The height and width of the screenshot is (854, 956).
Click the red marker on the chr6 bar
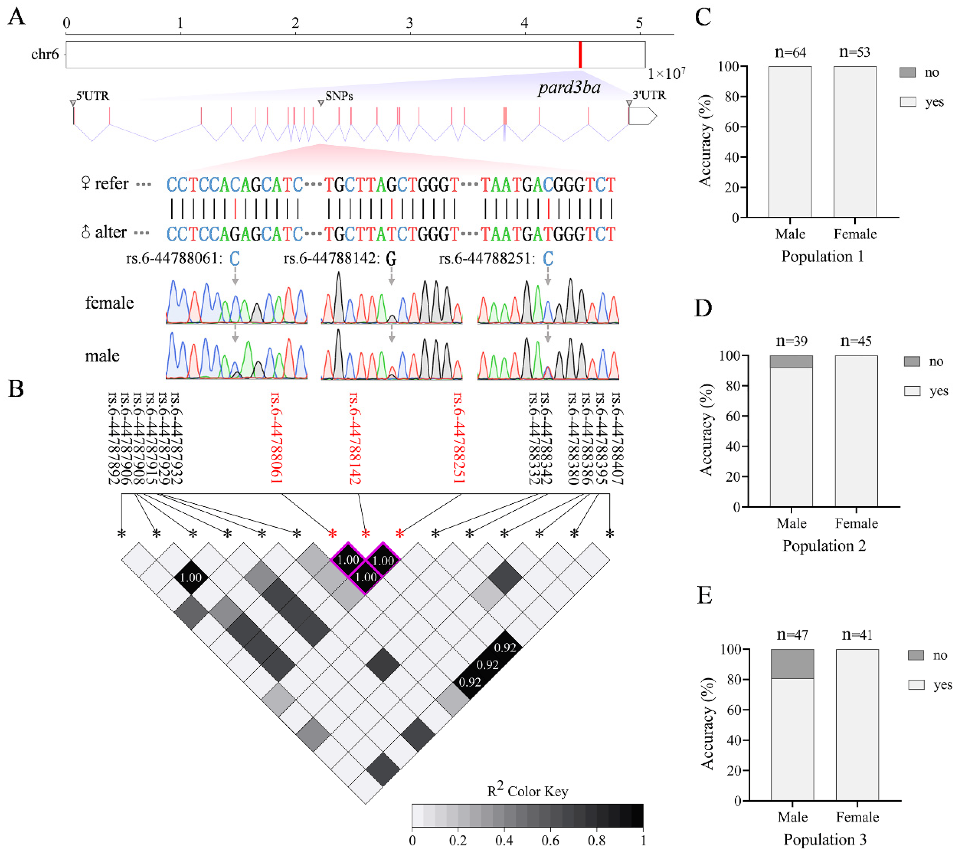[x=580, y=55]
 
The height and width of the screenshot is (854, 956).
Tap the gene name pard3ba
[x=569, y=88]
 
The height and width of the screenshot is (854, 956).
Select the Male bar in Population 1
[x=790, y=141]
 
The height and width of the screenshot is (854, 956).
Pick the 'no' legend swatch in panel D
[x=912, y=361]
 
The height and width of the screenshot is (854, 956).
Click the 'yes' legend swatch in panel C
[x=908, y=102]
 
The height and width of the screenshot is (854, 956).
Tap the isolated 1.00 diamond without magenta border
[x=191, y=577]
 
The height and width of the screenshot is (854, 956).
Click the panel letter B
[x=16, y=389]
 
